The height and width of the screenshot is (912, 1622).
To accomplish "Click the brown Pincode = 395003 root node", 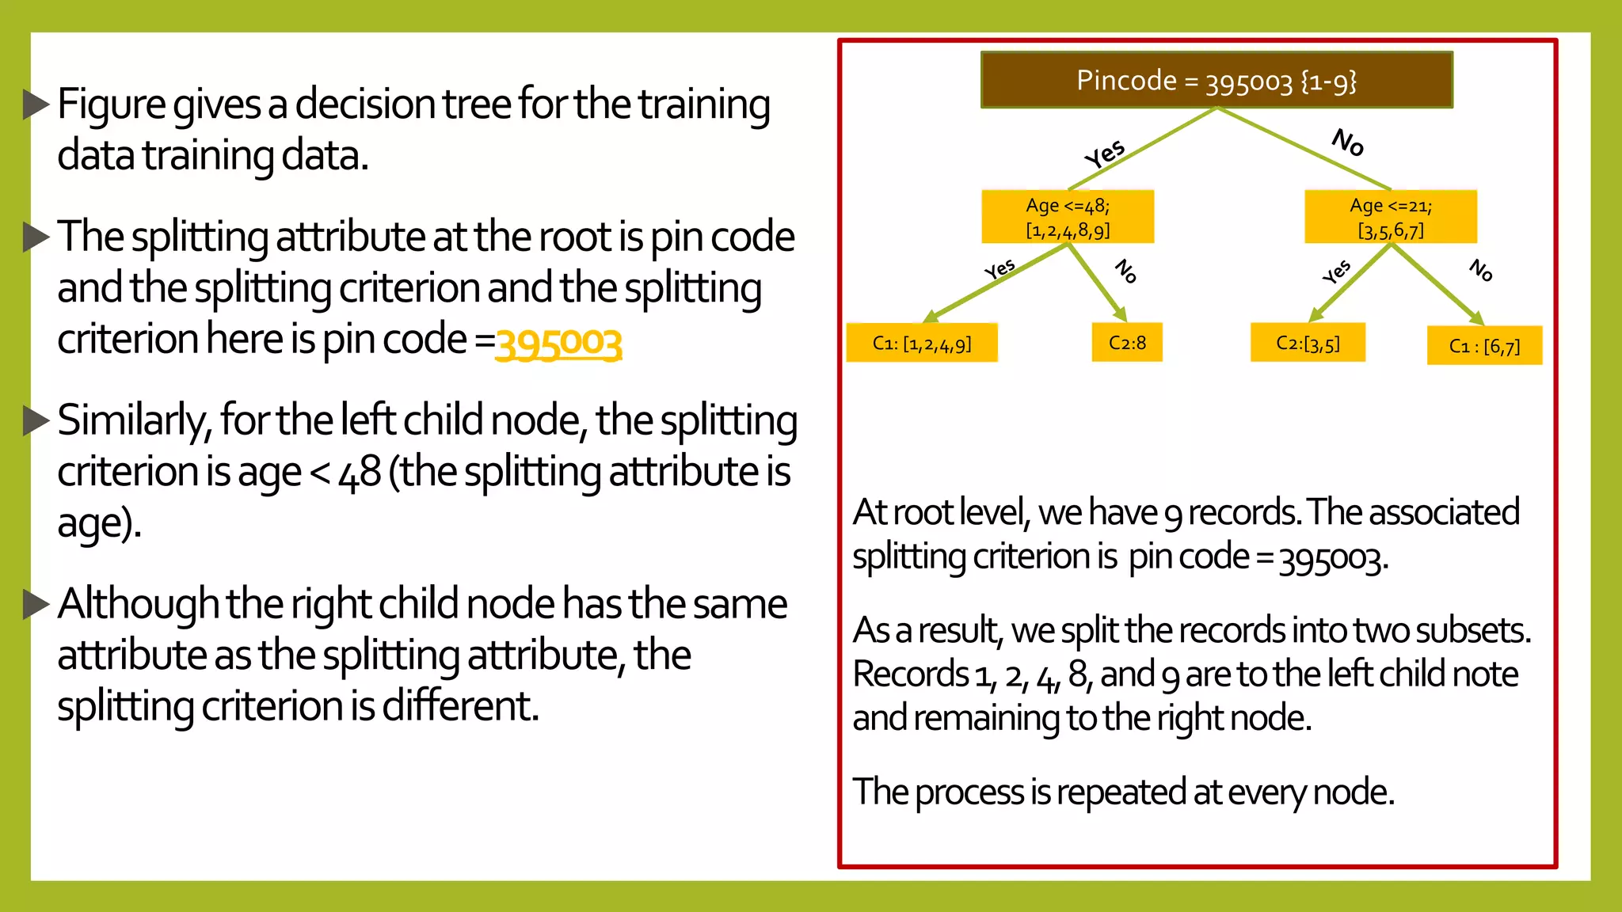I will click(1216, 80).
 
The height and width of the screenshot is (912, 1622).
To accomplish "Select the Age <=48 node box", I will click(1068, 217).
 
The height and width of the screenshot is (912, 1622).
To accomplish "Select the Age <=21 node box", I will click(1391, 217).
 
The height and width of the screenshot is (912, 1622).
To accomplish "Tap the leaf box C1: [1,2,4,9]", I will click(922, 343).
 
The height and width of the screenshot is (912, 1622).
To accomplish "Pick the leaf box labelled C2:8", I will click(1127, 342).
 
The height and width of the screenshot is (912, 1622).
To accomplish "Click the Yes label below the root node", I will click(1105, 154).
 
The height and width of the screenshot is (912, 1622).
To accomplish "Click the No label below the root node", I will click(1348, 142).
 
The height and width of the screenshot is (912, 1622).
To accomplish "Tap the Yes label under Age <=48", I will click(1000, 269).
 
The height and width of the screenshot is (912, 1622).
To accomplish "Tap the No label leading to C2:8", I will click(1125, 272).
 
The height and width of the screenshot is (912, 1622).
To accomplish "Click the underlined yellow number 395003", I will click(558, 343).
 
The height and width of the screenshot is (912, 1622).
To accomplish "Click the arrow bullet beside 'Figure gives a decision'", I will click(36, 104).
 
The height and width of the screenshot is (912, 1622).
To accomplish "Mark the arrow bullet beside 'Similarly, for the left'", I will click(36, 420).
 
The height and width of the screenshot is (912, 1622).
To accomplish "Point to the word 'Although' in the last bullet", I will click(138, 604).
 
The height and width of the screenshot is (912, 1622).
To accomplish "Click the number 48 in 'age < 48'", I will click(360, 473).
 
